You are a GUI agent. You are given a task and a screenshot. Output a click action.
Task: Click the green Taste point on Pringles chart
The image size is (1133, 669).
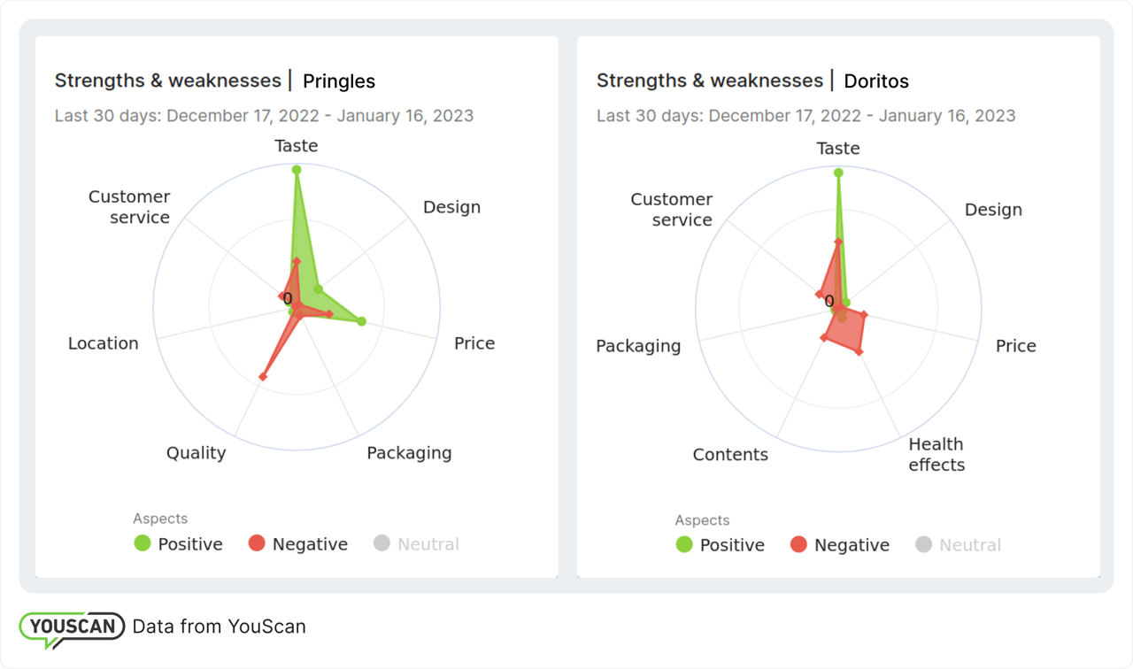tap(297, 169)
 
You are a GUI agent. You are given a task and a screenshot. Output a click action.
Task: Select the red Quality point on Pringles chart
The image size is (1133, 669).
tap(261, 378)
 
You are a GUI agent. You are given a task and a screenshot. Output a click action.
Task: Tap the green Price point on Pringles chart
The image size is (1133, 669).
tap(361, 321)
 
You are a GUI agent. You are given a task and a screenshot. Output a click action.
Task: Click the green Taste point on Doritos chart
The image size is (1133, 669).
tap(838, 173)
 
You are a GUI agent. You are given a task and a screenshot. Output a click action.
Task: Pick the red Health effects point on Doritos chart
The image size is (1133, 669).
tap(859, 352)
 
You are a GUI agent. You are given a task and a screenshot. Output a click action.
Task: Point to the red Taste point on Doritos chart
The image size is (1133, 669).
tap(838, 242)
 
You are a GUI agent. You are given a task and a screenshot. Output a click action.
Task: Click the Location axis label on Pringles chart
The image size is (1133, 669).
tap(104, 343)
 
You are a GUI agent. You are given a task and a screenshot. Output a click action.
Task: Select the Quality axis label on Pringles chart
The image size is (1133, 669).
tap(196, 453)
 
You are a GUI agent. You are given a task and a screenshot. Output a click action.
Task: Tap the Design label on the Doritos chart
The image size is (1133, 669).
tap(993, 210)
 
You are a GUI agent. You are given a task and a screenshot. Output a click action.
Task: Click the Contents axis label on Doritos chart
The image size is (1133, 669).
tap(730, 455)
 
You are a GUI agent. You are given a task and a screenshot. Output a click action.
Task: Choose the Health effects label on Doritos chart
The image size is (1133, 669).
tap(936, 454)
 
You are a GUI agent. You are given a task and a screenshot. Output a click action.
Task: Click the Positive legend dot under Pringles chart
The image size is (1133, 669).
tap(143, 543)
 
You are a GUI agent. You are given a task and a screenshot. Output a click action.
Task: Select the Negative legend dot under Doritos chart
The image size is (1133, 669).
tap(798, 545)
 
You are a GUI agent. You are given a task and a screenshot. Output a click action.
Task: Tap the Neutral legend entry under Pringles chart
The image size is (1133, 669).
tap(417, 544)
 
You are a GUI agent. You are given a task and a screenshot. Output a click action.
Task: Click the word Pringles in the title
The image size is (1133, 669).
tap(339, 81)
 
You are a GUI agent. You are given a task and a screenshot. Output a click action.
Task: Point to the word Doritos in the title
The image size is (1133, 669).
tap(876, 81)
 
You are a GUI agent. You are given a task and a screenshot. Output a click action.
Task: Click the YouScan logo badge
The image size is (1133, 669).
tap(72, 627)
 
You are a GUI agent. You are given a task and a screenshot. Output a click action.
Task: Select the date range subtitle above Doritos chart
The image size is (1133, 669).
tap(805, 115)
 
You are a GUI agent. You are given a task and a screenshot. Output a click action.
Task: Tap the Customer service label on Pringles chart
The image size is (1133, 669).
tap(129, 207)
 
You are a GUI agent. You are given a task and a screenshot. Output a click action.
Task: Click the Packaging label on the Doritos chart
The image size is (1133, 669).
tap(638, 346)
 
